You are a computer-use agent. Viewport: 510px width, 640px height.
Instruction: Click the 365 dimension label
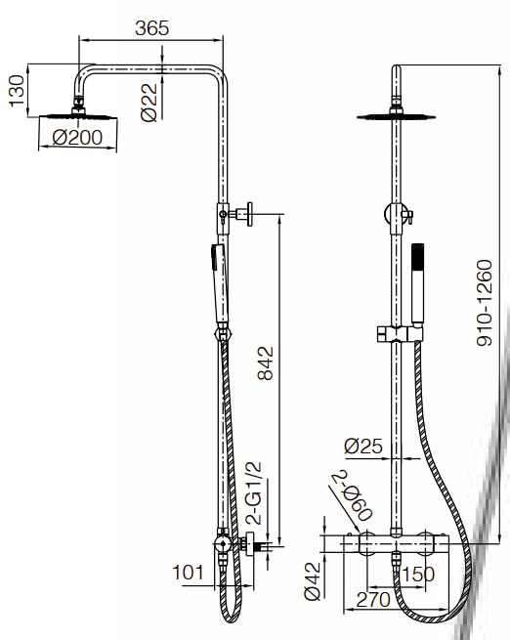(x=151, y=28)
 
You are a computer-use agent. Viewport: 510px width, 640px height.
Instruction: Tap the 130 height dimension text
(x=17, y=91)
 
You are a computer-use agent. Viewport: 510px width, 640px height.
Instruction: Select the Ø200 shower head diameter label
(x=77, y=138)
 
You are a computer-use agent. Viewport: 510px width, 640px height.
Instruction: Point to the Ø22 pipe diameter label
(x=149, y=103)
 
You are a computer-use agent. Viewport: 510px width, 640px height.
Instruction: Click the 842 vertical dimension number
(x=266, y=363)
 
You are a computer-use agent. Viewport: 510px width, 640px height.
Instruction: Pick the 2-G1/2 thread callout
(x=255, y=493)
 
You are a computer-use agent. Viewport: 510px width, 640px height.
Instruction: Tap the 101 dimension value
(x=188, y=573)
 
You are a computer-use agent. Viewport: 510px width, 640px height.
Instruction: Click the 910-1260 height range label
(x=485, y=303)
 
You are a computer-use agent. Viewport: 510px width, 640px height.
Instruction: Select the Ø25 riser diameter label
(x=363, y=447)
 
